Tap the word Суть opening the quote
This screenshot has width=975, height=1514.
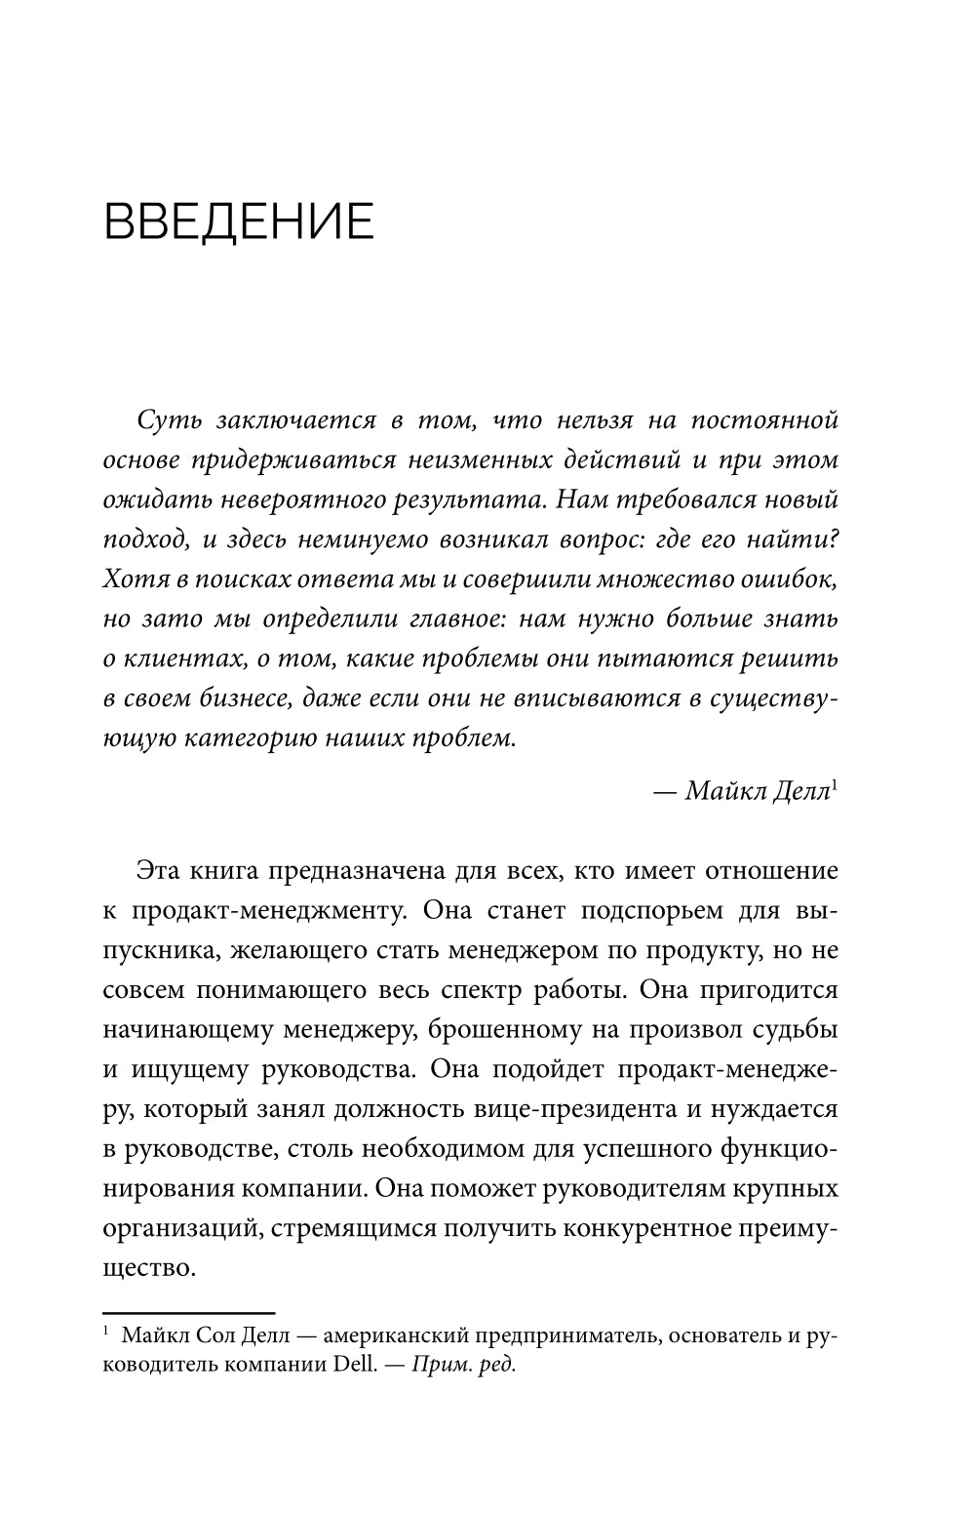[170, 420]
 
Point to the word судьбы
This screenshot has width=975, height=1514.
[798, 1030]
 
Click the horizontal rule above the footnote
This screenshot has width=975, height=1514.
[189, 1313]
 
